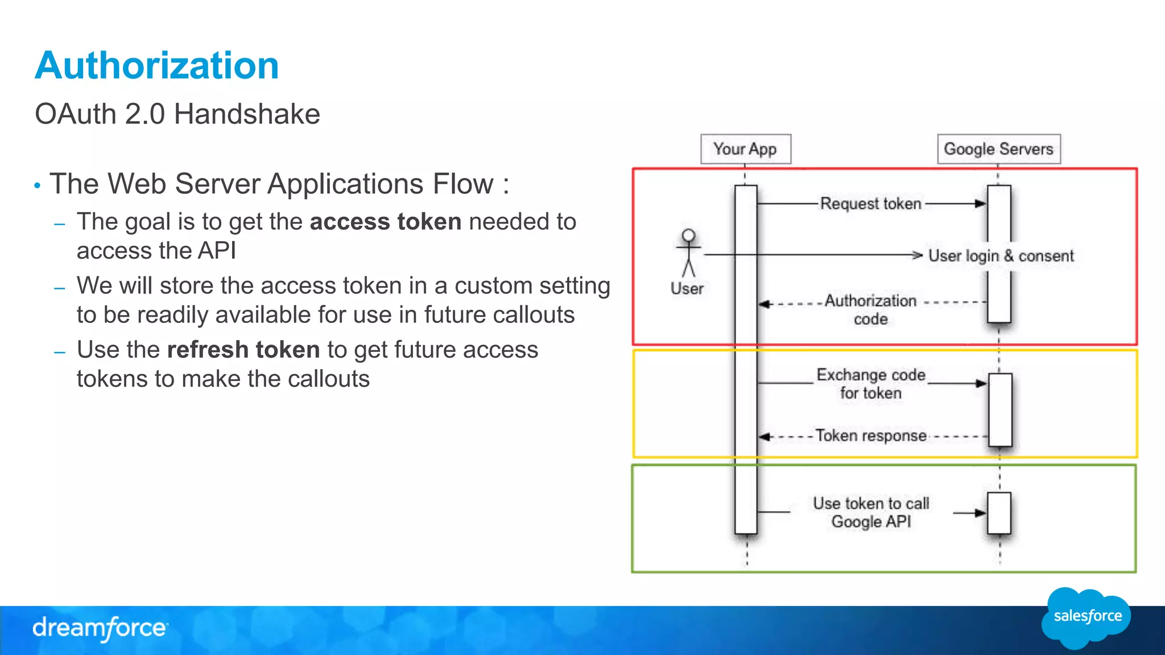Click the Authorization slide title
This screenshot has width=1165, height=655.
(156, 65)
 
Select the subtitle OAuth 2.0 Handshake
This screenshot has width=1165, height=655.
(177, 114)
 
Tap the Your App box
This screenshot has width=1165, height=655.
(745, 149)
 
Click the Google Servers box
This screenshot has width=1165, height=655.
(998, 149)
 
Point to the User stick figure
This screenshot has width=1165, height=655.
(688, 253)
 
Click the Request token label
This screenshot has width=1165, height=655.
(870, 204)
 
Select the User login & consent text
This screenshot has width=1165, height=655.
(1001, 256)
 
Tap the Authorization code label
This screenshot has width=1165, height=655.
(870, 309)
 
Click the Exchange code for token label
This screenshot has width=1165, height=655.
(870, 384)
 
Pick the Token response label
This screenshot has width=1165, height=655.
(870, 436)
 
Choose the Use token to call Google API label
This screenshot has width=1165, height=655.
(870, 512)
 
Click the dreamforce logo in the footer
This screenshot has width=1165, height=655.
(100, 628)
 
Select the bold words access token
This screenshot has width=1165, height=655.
(385, 222)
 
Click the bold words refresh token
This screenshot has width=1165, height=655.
(243, 350)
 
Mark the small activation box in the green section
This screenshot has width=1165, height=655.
(999, 513)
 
